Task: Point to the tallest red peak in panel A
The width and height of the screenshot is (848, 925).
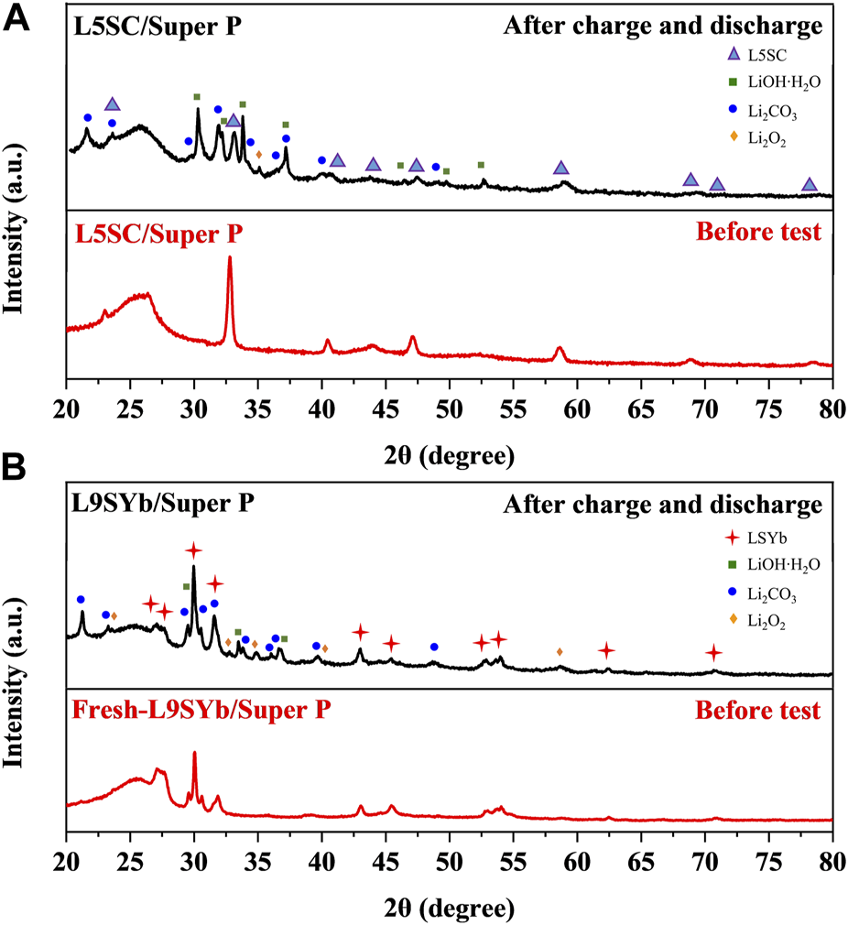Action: (x=230, y=258)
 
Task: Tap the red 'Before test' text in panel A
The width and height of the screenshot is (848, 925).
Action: (x=758, y=232)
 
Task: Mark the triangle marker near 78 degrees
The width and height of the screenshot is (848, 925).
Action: (x=810, y=184)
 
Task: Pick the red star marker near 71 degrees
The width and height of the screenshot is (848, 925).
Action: (x=714, y=653)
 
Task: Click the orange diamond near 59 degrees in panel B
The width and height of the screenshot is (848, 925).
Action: (x=560, y=651)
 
